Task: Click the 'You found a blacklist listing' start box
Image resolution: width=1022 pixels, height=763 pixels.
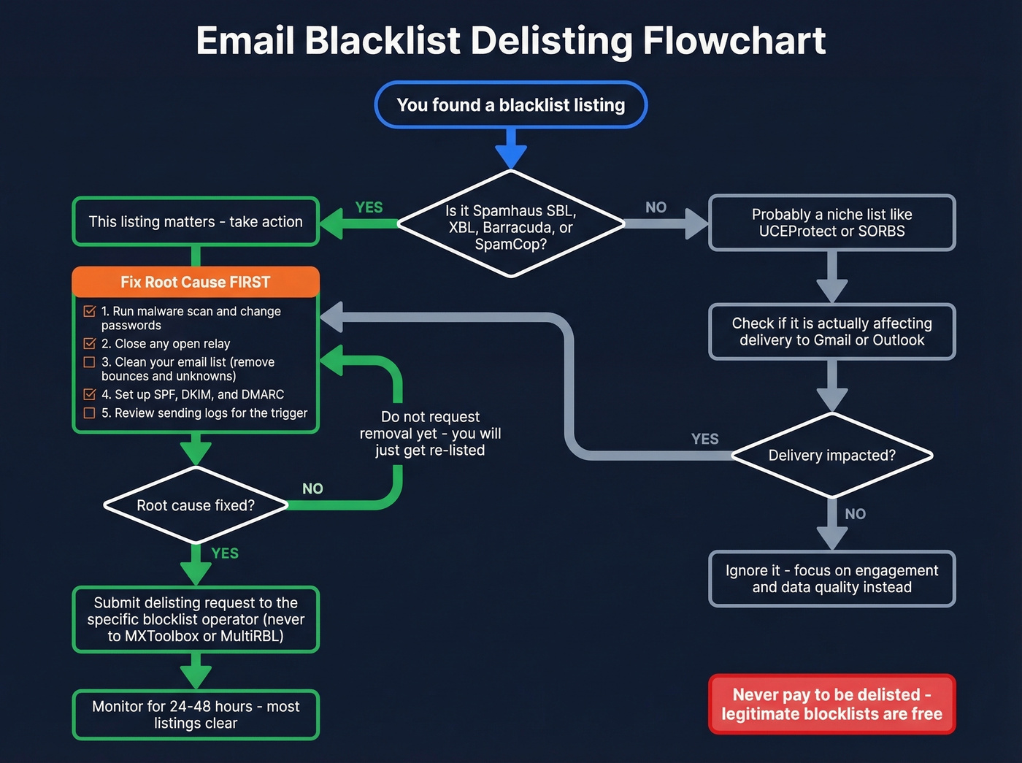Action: [x=510, y=104]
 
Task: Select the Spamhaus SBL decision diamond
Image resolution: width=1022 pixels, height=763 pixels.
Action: [x=510, y=226]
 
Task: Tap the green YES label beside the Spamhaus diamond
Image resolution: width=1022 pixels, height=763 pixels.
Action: [x=369, y=207]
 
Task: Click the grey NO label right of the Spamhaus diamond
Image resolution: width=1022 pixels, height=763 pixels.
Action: [x=656, y=207]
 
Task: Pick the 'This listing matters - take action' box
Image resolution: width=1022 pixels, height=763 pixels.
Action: [x=196, y=221]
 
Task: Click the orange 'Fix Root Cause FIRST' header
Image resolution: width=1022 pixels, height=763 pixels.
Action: [x=196, y=282]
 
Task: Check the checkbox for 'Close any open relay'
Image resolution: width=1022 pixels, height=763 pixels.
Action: [x=90, y=343]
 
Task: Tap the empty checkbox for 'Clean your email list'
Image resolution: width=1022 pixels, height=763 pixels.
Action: [x=90, y=362]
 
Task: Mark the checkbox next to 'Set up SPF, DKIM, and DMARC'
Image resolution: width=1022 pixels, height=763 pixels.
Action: [x=90, y=394]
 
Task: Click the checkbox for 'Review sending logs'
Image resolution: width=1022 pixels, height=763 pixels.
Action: [x=90, y=413]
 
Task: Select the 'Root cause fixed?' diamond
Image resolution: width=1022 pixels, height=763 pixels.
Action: [x=196, y=505]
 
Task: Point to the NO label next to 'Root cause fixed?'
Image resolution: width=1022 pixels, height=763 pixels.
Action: [x=312, y=488]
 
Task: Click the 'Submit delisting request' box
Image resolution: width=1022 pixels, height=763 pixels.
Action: [x=196, y=619]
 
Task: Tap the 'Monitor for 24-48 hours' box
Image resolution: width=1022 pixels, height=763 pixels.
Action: [x=196, y=714]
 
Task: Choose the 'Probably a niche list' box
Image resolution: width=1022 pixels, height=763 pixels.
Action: [x=831, y=223]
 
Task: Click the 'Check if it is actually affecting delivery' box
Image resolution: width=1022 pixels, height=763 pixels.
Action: [x=831, y=331]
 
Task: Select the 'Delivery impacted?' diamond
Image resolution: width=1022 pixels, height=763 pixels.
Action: [x=831, y=456]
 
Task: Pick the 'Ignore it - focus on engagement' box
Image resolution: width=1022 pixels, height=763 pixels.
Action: [x=831, y=578]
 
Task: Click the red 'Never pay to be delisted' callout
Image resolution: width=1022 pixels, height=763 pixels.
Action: [x=831, y=704]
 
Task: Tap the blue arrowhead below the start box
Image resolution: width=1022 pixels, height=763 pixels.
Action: [x=511, y=156]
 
